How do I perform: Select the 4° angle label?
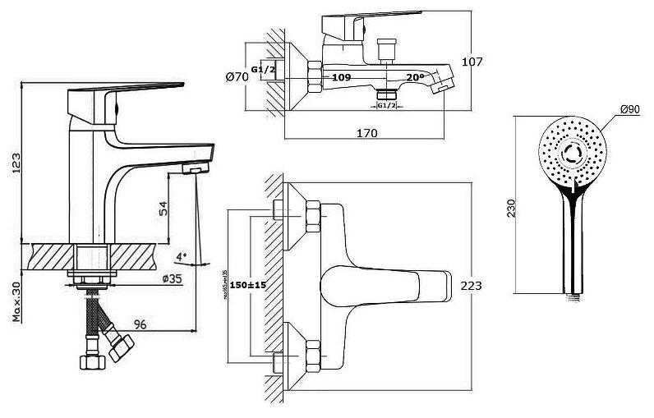point(181,256)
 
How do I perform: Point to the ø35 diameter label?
point(173,278)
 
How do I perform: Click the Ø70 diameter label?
point(236,77)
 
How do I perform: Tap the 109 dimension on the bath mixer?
point(342,77)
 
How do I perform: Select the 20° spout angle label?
point(416,77)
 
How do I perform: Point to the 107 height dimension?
point(472,62)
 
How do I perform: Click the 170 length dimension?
point(366,132)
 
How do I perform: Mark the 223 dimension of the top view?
point(472,285)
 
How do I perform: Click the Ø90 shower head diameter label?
point(630,109)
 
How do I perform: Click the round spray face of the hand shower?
point(573,151)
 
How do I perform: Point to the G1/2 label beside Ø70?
point(262,70)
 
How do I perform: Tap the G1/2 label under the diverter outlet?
point(387,106)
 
